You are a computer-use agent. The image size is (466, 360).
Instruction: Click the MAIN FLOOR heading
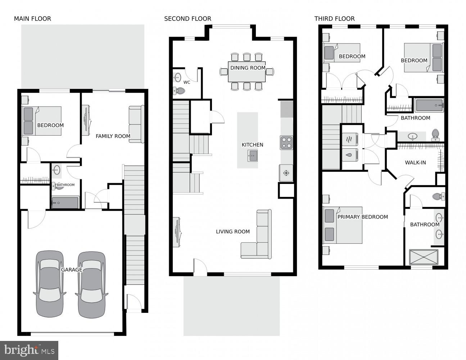(x=32, y=19)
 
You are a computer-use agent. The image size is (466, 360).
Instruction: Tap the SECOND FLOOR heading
(x=187, y=19)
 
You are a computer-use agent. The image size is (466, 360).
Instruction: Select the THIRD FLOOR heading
(x=334, y=19)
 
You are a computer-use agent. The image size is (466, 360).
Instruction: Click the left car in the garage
(x=50, y=284)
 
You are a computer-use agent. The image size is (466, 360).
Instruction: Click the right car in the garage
(x=92, y=284)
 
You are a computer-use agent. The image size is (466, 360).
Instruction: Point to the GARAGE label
(x=72, y=270)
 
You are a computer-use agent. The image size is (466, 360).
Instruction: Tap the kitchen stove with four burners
(x=286, y=143)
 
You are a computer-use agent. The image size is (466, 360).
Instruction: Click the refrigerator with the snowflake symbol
(x=286, y=173)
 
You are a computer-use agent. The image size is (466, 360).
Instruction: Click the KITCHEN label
(x=252, y=145)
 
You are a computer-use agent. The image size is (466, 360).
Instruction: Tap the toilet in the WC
(x=179, y=90)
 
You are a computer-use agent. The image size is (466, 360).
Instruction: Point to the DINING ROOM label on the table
(x=248, y=68)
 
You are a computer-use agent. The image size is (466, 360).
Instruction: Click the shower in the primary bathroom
(x=424, y=257)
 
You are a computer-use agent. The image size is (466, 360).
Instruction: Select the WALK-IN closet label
(x=415, y=162)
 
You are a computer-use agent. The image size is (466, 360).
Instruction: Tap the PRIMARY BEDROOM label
(x=362, y=217)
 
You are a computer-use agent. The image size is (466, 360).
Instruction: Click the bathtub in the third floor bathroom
(x=429, y=105)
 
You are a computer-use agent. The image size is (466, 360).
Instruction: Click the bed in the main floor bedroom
(x=42, y=121)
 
